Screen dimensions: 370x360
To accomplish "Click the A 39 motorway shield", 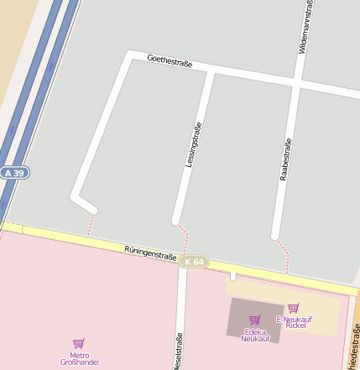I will (14, 172).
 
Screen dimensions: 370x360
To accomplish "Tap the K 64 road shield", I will (193, 262).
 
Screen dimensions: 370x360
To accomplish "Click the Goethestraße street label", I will (170, 62).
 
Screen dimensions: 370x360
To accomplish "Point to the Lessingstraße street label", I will (193, 145).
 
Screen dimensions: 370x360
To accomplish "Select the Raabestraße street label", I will (285, 159).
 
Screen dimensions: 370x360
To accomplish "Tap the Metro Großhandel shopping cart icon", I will (79, 343).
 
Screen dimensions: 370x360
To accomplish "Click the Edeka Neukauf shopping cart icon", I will (255, 320).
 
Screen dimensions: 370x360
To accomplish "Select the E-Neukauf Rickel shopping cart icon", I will (293, 308).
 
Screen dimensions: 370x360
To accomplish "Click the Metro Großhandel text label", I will (79, 358).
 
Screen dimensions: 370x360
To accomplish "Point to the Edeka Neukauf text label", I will (255, 334).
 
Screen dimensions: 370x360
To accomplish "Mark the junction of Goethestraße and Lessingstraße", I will (210, 70).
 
